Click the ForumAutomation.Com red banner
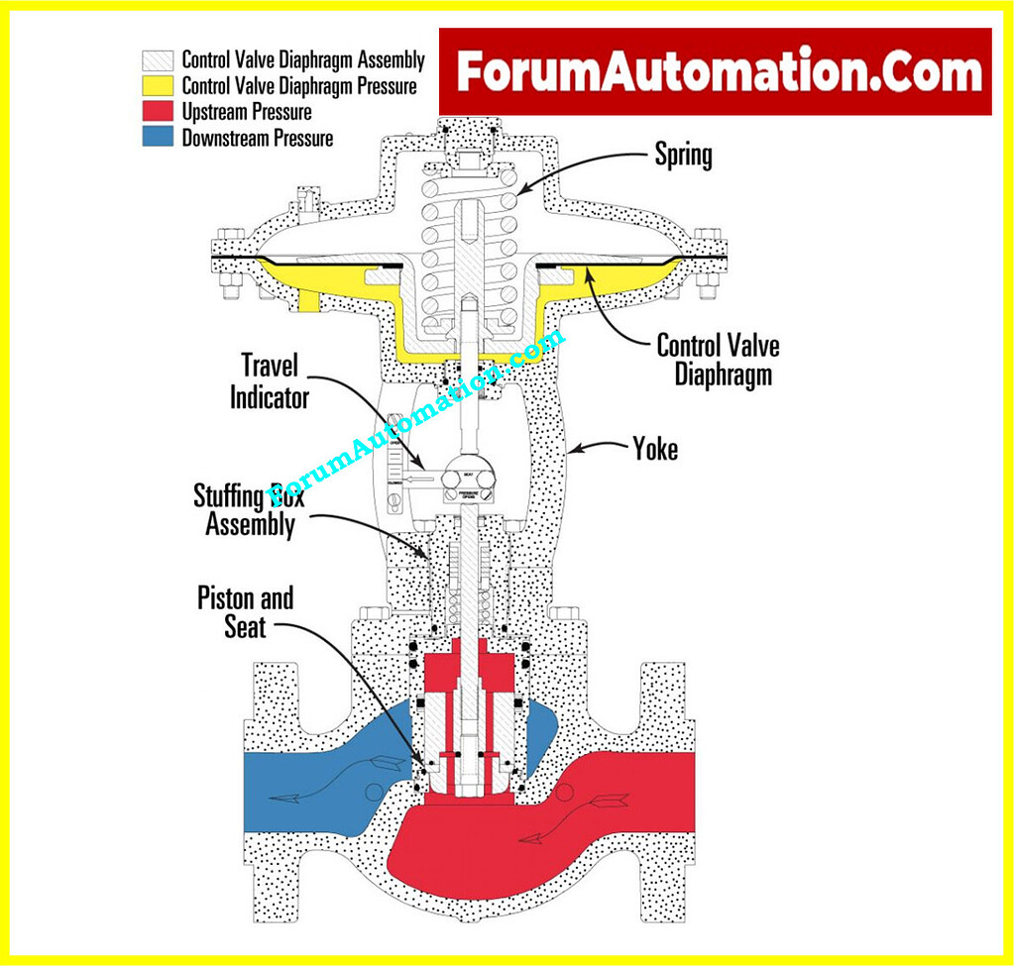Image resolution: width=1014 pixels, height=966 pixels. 716,71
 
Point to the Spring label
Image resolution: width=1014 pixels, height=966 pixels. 683,155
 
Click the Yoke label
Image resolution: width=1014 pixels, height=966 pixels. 655,449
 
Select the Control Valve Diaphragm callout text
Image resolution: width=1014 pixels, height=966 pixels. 718,360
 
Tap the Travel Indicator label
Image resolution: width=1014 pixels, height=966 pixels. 270,382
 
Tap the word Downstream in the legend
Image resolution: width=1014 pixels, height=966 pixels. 225,139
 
